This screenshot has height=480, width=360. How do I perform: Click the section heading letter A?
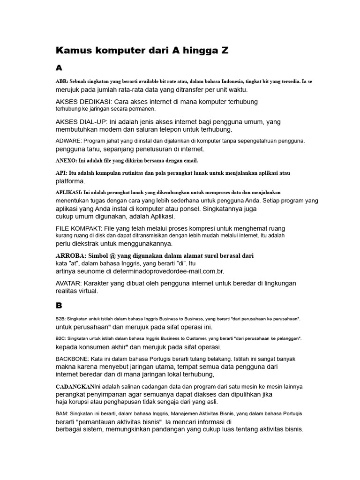pyautogui.click(x=59, y=68)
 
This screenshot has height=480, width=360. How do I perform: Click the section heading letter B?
pyautogui.click(x=59, y=306)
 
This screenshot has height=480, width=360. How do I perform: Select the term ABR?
pyautogui.click(x=62, y=82)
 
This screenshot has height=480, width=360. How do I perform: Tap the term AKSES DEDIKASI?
pyautogui.click(x=82, y=102)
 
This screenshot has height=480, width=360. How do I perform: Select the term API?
pyautogui.click(x=61, y=173)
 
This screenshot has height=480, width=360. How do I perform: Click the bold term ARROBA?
pyautogui.click(x=71, y=255)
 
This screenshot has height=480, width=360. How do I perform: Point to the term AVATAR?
pyautogui.click(x=69, y=283)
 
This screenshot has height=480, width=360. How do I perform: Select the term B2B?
pyautogui.click(x=61, y=319)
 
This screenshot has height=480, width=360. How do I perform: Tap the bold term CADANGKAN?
pyautogui.click(x=75, y=387)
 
